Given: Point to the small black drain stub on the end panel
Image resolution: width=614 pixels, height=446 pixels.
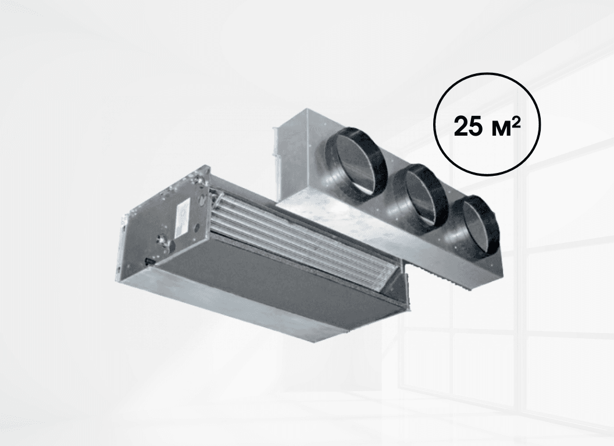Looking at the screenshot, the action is tap(150, 260).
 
